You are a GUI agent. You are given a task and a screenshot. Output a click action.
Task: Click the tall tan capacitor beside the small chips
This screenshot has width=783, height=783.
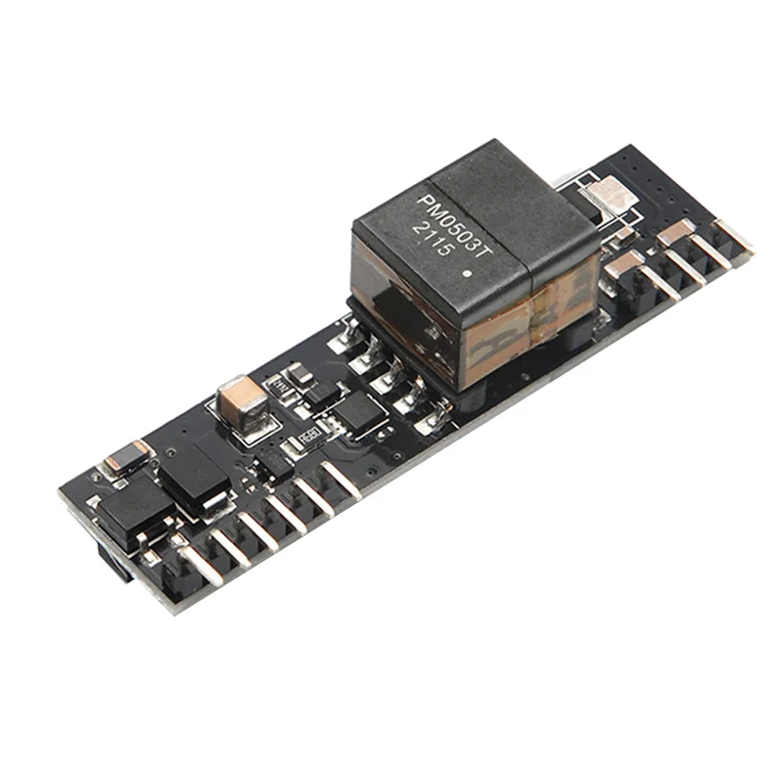coord(240,402)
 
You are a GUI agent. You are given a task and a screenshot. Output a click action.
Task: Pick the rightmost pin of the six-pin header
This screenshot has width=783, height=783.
coord(340,479)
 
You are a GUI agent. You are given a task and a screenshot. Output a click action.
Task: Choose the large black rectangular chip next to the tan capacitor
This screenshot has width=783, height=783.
coord(193,472)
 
